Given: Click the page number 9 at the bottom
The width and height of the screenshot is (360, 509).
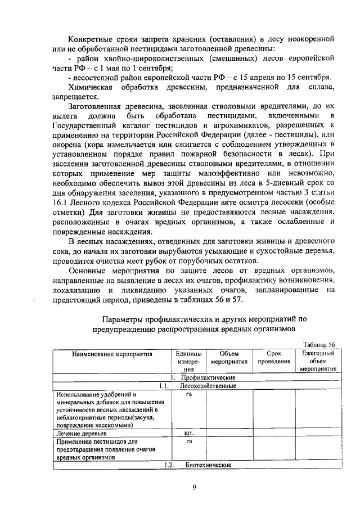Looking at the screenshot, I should [x=193, y=488].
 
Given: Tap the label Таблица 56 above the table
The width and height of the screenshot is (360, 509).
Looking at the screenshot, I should [x=318, y=345].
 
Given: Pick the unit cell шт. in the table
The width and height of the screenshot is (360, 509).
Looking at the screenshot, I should [x=189, y=434].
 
